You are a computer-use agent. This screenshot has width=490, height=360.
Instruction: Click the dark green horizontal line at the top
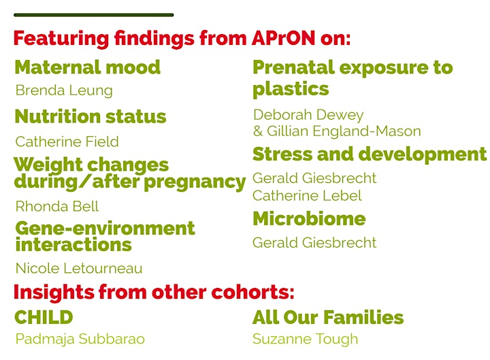pos(93,15)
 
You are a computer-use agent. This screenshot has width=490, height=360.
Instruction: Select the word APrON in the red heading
pos(283,38)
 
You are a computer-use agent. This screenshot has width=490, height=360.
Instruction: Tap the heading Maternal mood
pos(88,67)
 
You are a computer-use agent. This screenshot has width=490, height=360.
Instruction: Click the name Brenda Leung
pos(64,91)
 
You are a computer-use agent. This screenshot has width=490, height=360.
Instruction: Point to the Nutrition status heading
pos(91,116)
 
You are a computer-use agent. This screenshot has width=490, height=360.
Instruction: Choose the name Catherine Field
pos(67,142)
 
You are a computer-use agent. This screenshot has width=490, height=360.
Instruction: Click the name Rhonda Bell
pos(57,206)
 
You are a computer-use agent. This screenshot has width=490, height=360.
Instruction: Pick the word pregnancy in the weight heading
pos(195,182)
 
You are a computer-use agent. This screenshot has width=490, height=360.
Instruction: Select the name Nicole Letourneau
pos(79,268)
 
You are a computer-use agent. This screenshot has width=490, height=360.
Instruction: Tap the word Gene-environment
pos(105,228)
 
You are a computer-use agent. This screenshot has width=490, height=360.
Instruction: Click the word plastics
pos(291,89)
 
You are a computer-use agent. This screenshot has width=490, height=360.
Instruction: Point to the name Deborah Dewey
pos(308,115)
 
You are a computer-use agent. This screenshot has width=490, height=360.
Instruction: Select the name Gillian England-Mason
pos(344,131)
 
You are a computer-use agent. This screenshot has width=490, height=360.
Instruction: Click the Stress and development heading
pos(370,154)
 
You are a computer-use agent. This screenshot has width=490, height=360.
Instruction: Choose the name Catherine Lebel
pos(307,195)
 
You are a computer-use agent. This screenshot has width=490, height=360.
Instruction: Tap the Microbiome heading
pos(309,218)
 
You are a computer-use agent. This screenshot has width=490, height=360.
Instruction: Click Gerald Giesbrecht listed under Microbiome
pos(314,242)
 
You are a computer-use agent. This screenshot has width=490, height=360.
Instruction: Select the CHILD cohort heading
pos(44,317)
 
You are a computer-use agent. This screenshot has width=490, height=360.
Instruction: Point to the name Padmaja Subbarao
pos(80,339)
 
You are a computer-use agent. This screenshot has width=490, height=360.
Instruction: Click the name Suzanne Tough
pos(306,339)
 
